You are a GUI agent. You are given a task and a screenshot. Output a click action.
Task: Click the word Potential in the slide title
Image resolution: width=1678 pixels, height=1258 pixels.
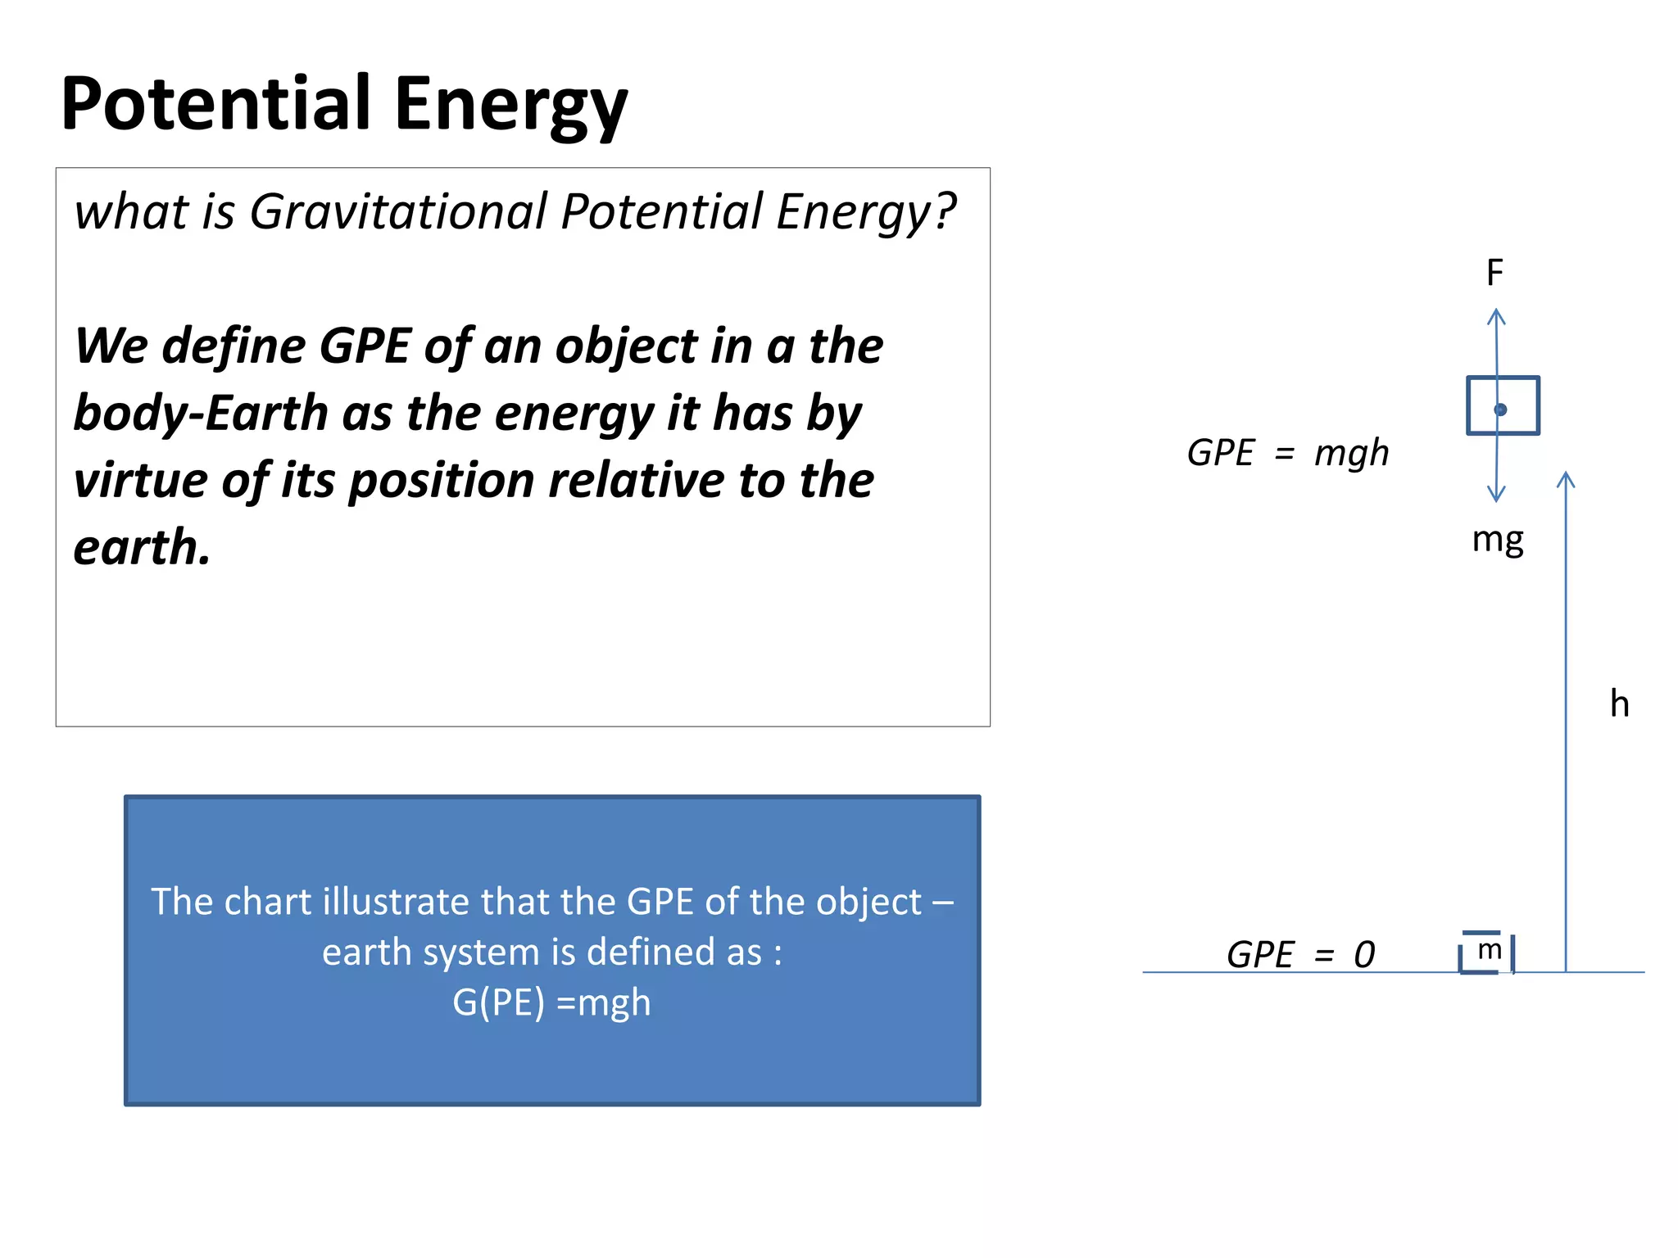pos(216,103)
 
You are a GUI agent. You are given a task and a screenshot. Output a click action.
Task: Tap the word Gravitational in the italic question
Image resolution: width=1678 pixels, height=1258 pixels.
pos(397,211)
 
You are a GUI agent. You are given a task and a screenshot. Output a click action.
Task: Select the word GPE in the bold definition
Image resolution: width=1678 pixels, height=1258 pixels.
pos(365,346)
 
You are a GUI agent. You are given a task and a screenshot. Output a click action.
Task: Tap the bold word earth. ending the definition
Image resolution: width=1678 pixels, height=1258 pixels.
pos(142,547)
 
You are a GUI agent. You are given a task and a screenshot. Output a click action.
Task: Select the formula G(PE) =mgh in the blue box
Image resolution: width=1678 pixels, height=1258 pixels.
pos(551,1002)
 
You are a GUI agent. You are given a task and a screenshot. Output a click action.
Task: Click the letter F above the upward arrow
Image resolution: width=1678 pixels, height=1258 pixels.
pos(1494,273)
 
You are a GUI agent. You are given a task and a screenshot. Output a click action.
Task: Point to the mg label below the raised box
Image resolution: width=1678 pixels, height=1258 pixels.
pos(1497,541)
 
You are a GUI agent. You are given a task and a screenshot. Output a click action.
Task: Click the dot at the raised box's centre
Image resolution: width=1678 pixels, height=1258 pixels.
pos(1500,410)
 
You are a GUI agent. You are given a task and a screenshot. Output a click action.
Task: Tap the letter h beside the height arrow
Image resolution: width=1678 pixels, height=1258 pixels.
pos(1619,704)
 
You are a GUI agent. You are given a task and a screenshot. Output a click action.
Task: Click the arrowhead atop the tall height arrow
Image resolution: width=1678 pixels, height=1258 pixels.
pos(1566,478)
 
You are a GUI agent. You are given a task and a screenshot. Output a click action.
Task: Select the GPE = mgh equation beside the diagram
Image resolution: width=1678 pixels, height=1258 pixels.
pos(1288,453)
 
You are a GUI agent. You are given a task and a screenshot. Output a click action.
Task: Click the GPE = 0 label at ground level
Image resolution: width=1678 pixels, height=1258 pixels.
pos(1300,955)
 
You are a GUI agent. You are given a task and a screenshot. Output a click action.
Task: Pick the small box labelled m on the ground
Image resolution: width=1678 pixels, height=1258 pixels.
pos(1486,953)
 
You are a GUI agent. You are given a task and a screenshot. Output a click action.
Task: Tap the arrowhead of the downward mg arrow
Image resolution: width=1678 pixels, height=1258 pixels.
pos(1496,495)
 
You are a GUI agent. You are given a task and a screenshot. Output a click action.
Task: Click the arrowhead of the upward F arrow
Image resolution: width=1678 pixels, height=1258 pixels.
pos(1496,316)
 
